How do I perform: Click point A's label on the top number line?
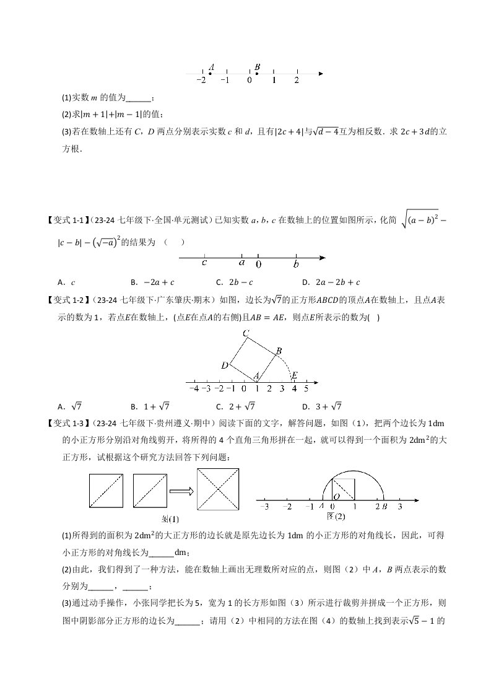point(212,67)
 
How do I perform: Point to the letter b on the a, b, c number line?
point(297,264)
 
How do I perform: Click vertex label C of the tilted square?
point(246,334)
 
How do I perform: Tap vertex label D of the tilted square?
point(225,365)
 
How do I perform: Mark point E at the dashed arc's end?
point(295,375)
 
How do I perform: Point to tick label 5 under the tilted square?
point(306,389)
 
